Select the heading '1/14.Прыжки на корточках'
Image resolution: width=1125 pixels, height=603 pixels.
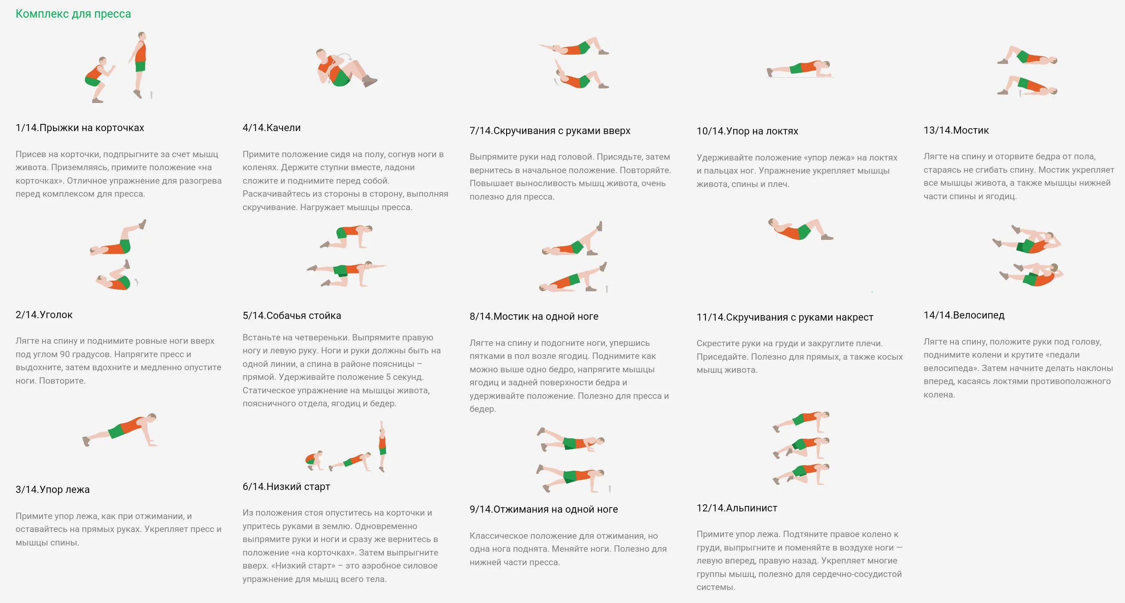(x=79, y=127)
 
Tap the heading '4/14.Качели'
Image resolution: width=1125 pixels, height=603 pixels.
(x=271, y=127)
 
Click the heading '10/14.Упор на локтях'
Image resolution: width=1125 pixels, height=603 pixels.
(x=747, y=131)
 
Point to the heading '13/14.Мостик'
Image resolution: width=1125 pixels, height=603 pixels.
(x=956, y=130)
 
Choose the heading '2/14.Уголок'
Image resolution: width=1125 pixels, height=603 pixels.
(x=44, y=314)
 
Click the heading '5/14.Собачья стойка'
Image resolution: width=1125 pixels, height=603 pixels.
(x=291, y=315)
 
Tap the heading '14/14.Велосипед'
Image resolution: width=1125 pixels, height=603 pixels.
(x=964, y=315)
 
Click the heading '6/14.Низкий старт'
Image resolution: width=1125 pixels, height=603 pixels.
(x=286, y=487)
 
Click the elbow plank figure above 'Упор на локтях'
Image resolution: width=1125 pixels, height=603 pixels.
(x=799, y=68)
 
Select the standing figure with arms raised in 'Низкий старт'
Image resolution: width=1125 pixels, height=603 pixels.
(x=382, y=446)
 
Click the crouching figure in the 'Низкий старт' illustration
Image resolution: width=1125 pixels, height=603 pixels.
(x=314, y=460)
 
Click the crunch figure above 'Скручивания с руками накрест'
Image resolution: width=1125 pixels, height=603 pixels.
(x=800, y=229)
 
